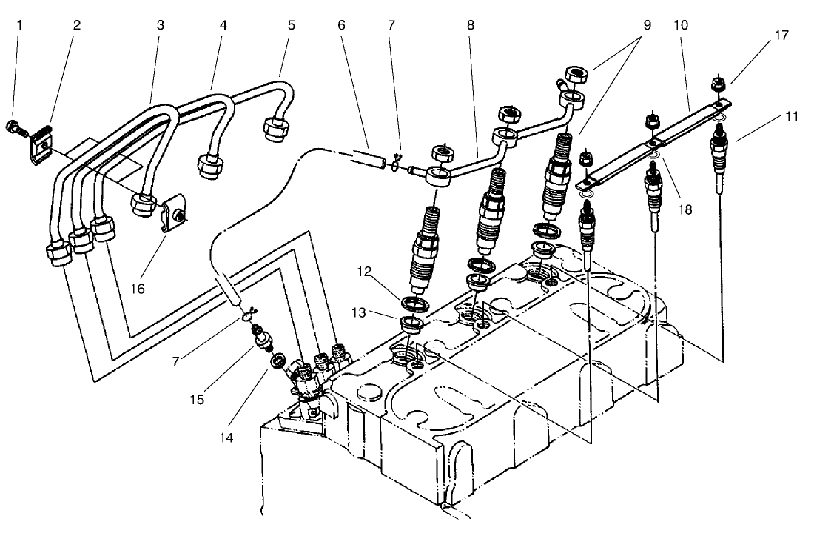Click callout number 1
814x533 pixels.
20,24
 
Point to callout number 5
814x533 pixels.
291,24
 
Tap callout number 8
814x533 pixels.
471,24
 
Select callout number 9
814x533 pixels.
647,24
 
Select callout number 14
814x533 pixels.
225,438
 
